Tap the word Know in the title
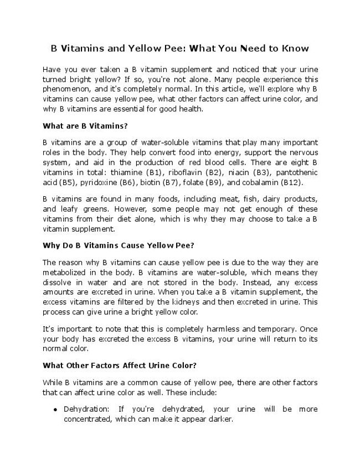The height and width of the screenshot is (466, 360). click(x=293, y=48)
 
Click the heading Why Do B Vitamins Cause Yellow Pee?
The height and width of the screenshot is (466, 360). click(x=117, y=244)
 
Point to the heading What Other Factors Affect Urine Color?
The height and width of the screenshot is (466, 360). click(x=120, y=366)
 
